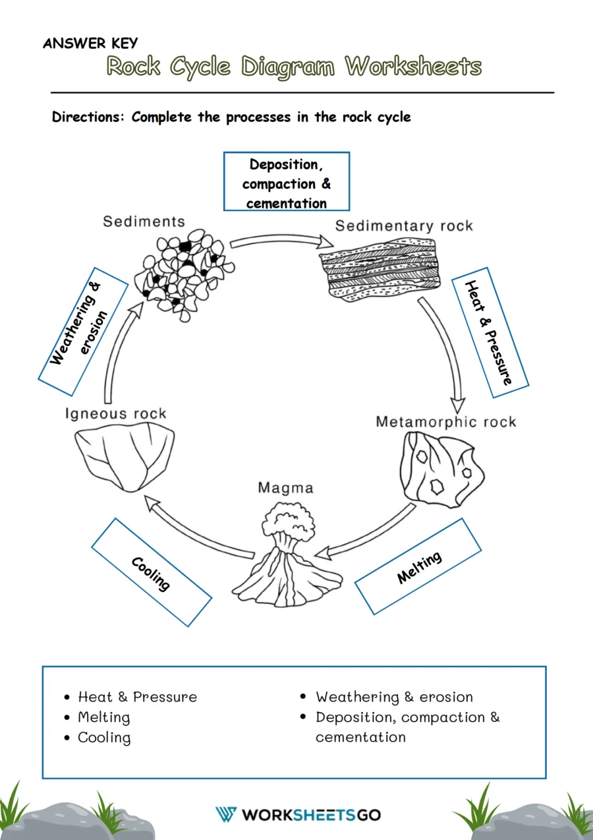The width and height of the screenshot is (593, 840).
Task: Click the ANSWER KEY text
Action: [90, 44]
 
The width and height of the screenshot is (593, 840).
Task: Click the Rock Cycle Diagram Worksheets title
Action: [294, 67]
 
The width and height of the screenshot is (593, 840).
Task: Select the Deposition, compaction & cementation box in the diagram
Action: [286, 182]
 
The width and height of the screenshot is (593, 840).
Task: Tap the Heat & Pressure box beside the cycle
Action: [490, 332]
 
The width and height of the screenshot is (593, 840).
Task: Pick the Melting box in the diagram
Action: [418, 566]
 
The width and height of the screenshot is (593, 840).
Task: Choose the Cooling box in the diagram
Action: [151, 572]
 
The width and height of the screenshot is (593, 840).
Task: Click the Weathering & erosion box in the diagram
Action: [83, 332]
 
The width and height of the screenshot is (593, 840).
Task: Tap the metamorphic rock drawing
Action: [440, 469]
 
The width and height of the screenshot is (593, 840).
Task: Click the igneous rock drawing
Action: [125, 456]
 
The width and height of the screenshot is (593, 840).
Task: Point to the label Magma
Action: [285, 489]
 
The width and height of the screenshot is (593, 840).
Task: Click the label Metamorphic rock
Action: [445, 422]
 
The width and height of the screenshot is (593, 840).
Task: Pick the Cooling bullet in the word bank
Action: [104, 738]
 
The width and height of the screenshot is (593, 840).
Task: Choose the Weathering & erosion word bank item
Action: [393, 697]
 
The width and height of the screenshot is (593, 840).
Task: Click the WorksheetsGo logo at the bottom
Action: [298, 815]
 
